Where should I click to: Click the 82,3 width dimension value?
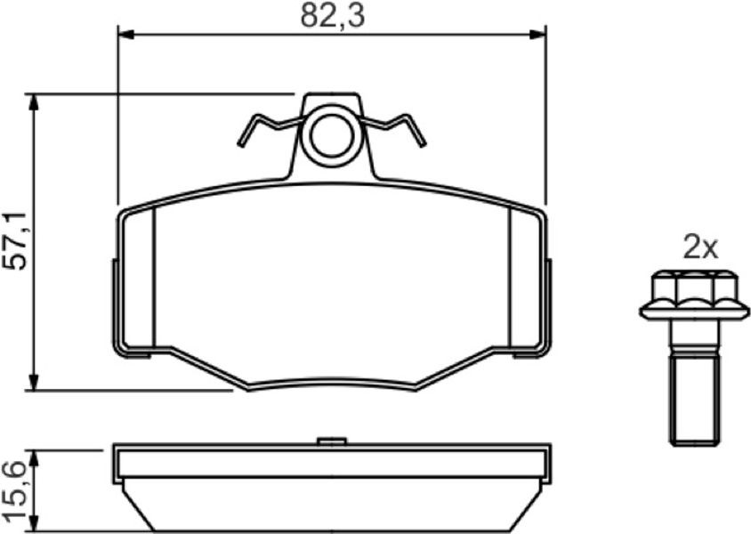point(333,15)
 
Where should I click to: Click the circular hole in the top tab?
point(333,135)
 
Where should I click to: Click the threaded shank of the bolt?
point(694,400)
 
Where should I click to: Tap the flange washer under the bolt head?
point(694,311)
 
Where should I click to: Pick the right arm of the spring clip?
point(394,128)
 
